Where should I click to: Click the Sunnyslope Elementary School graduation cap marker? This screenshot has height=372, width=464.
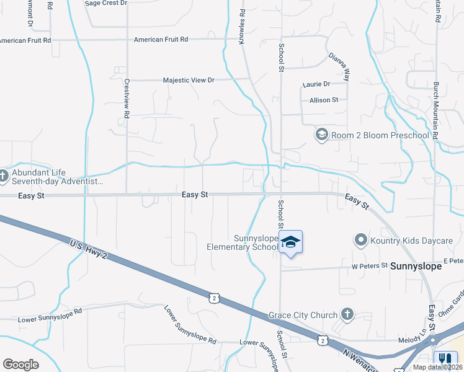pyautogui.click(x=290, y=242)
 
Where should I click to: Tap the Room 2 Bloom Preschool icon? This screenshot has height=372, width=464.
pyautogui.click(x=321, y=135)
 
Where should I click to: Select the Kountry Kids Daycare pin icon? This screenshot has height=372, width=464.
pyautogui.click(x=360, y=240)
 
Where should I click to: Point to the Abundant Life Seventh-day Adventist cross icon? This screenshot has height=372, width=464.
pyautogui.click(x=4, y=176)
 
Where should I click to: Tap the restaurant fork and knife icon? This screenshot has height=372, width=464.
pyautogui.click(x=445, y=358)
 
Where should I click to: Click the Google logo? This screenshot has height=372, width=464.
pyautogui.click(x=20, y=365)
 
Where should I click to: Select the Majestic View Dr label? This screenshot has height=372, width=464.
pyautogui.click(x=188, y=81)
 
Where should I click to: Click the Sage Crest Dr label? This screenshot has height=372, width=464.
pyautogui.click(x=105, y=3)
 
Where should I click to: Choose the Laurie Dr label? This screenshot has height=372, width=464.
pyautogui.click(x=316, y=84)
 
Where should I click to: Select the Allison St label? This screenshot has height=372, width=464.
pyautogui.click(x=324, y=100)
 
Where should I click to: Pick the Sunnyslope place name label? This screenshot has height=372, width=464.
pyautogui.click(x=416, y=265)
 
